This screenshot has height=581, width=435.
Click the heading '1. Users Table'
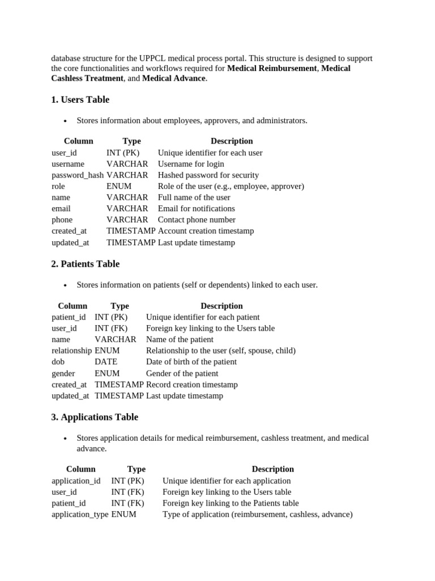(80, 100)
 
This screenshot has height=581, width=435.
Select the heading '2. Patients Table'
(85, 264)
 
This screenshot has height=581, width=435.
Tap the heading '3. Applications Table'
(94, 417)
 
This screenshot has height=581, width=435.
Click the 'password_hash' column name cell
(78, 175)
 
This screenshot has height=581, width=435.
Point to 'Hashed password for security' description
(208, 175)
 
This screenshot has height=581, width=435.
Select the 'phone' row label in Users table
(62, 220)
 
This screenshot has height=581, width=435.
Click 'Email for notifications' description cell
(196, 209)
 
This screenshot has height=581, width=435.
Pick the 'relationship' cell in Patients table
(71, 351)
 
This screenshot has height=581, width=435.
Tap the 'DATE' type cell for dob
(106, 362)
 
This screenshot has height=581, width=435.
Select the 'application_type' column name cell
(80, 515)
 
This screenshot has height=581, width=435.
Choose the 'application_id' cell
(76, 481)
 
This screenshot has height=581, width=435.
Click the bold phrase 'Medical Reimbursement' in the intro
(272, 69)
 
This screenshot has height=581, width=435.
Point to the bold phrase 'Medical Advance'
(174, 79)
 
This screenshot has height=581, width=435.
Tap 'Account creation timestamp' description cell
(206, 231)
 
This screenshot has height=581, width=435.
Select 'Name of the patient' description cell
(180, 339)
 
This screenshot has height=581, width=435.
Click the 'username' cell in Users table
(68, 164)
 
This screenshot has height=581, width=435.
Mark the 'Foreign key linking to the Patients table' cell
(231, 503)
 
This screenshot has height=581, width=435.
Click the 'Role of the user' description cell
(231, 186)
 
